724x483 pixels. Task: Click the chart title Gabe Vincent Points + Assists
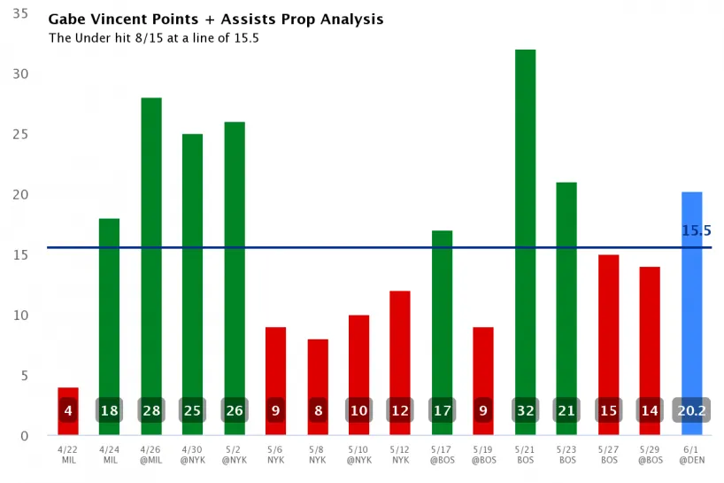[x=216, y=19]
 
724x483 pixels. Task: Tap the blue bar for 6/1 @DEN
[x=692, y=301]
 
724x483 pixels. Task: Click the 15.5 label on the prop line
[x=697, y=230]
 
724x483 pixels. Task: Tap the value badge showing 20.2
[x=692, y=411]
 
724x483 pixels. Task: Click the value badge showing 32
[x=526, y=411]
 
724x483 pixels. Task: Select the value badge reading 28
[x=151, y=411]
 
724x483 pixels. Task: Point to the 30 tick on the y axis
[x=19, y=74]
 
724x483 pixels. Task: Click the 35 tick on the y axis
[x=19, y=14]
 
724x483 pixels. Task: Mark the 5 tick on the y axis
[x=23, y=376]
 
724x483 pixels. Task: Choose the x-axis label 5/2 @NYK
[x=235, y=454]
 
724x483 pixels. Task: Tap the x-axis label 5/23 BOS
[x=567, y=454]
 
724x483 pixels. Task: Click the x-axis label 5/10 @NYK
[x=359, y=454]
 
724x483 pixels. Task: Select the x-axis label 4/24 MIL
[x=110, y=454]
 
